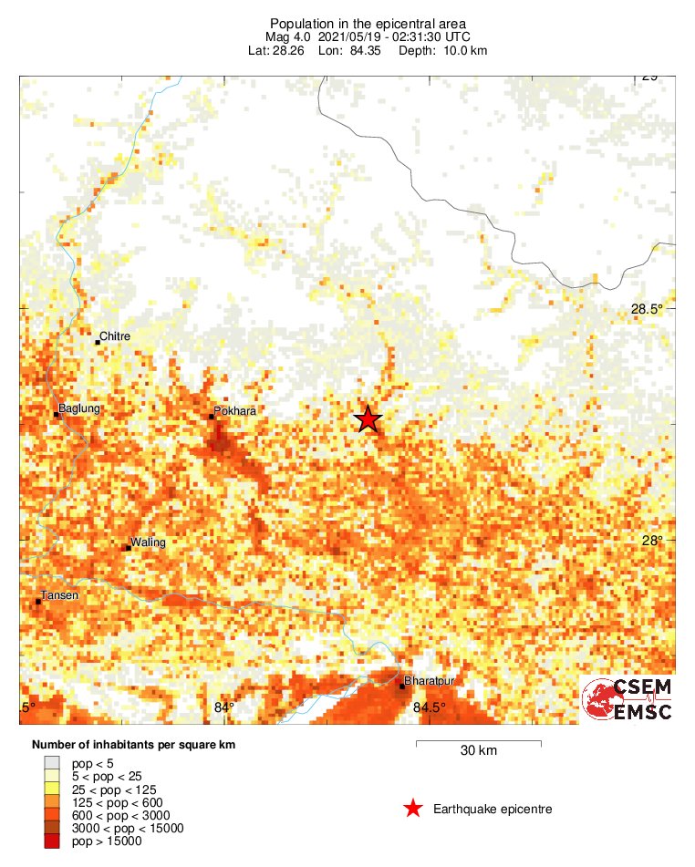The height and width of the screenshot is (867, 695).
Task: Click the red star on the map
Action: pyautogui.click(x=368, y=418)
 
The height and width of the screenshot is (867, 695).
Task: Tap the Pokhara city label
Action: pyautogui.click(x=234, y=411)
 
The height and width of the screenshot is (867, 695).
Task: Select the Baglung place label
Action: pyautogui.click(x=78, y=408)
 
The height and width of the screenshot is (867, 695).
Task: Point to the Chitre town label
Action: pyautogui.click(x=115, y=336)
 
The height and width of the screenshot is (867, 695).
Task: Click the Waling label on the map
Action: pyautogui.click(x=148, y=542)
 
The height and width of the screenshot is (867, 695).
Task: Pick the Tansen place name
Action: pyautogui.click(x=59, y=595)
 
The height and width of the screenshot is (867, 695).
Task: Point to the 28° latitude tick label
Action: pyautogui.click(x=652, y=540)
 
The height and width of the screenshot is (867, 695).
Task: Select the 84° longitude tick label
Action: pyautogui.click(x=224, y=707)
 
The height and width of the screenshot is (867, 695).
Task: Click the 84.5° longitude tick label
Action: pyautogui.click(x=430, y=707)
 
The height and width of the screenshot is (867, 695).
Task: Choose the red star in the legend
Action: pyautogui.click(x=413, y=809)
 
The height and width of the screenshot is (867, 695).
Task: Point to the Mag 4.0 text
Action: pyautogui.click(x=295, y=36)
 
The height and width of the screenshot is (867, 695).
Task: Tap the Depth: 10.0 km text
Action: pyautogui.click(x=442, y=50)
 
